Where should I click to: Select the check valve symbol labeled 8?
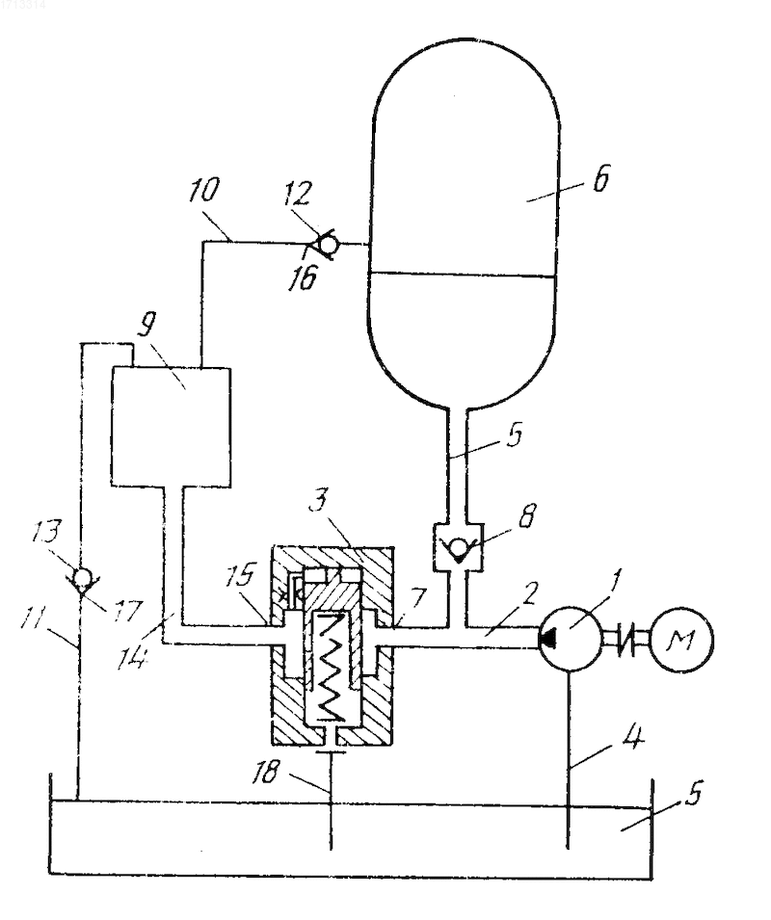tap(457, 547)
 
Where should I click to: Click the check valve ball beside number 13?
tap(85, 577)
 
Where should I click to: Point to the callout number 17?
tap(124, 611)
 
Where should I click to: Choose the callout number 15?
tap(242, 575)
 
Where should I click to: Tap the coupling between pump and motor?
tap(626, 639)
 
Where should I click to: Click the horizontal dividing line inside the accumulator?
tap(462, 274)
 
